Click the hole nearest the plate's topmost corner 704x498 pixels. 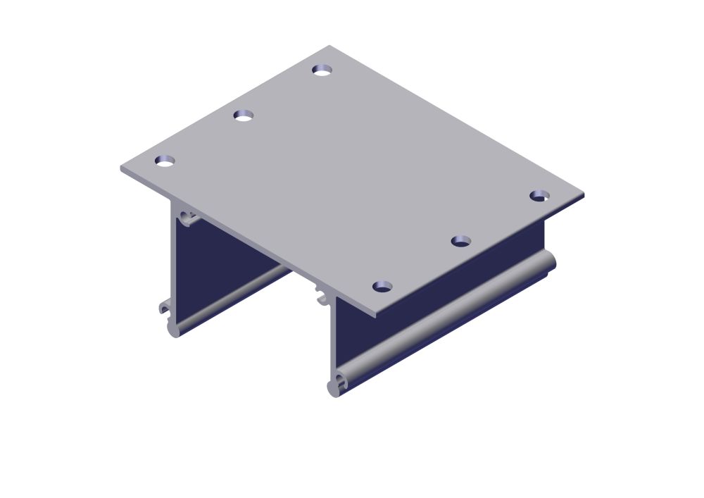pos(322,70)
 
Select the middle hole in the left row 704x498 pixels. pos(244,116)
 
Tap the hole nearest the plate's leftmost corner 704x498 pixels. pos(165,161)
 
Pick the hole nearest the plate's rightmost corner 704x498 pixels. pos(539,195)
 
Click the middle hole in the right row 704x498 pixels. pos(460,241)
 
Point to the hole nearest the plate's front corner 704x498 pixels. pos(382,286)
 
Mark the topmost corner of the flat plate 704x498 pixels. pos(329,46)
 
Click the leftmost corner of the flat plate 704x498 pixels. pos(121,168)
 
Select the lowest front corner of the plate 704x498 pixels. pos(376,316)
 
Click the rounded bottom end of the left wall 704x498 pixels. pos(173,330)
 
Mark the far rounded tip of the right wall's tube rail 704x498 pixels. pos(549,261)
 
